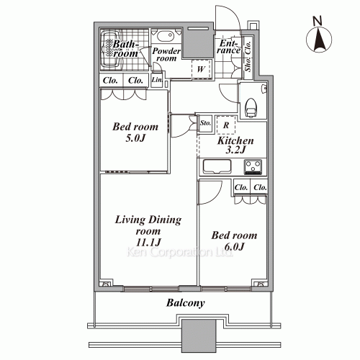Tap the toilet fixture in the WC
(251, 107)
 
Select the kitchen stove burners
(253, 166)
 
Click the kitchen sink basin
(217, 166)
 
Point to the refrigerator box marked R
(226, 125)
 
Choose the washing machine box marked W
(201, 69)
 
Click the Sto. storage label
(206, 123)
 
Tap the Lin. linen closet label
(157, 79)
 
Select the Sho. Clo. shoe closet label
(248, 57)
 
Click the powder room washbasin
(166, 36)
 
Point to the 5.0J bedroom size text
(135, 138)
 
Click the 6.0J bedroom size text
(234, 246)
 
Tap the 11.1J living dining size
(148, 243)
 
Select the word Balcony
(186, 303)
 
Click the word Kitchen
(235, 141)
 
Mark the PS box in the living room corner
(106, 284)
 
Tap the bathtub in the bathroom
(111, 49)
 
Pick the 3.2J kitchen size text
(235, 150)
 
